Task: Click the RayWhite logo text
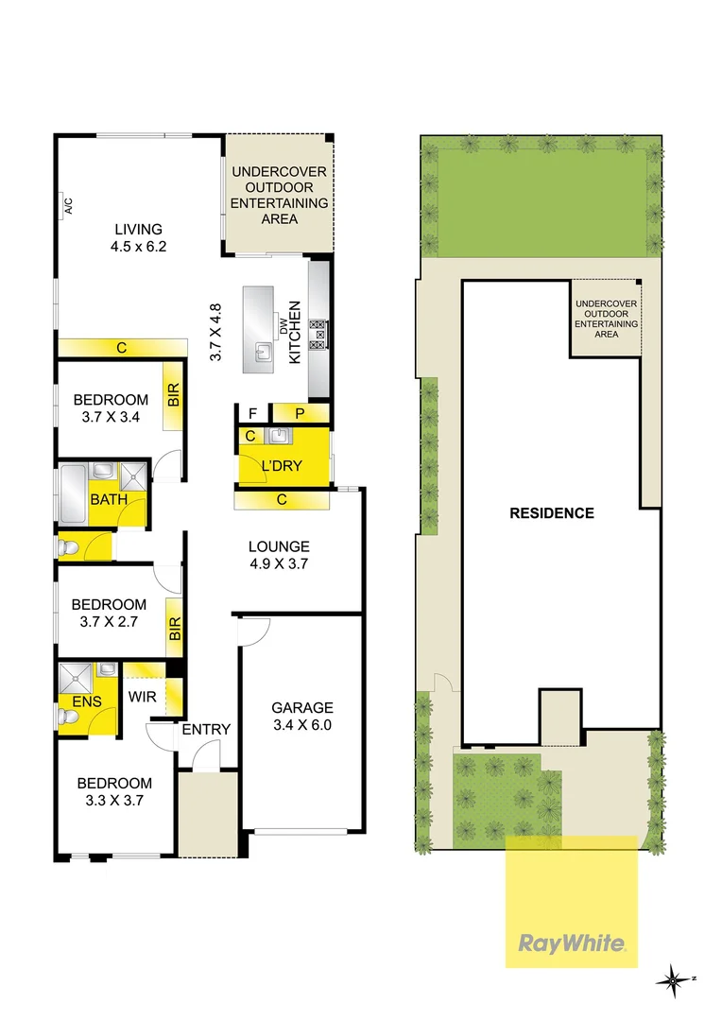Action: click(572, 943)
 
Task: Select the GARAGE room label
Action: click(302, 707)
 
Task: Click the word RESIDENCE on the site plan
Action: click(552, 513)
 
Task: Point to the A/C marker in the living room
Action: click(68, 206)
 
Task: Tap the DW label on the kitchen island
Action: click(282, 325)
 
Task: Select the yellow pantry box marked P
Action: click(300, 412)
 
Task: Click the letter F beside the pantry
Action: click(252, 413)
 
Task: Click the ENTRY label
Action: click(206, 729)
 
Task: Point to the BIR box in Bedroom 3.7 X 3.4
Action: click(174, 396)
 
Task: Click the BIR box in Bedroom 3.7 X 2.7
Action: click(174, 631)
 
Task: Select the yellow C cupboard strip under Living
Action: click(121, 348)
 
